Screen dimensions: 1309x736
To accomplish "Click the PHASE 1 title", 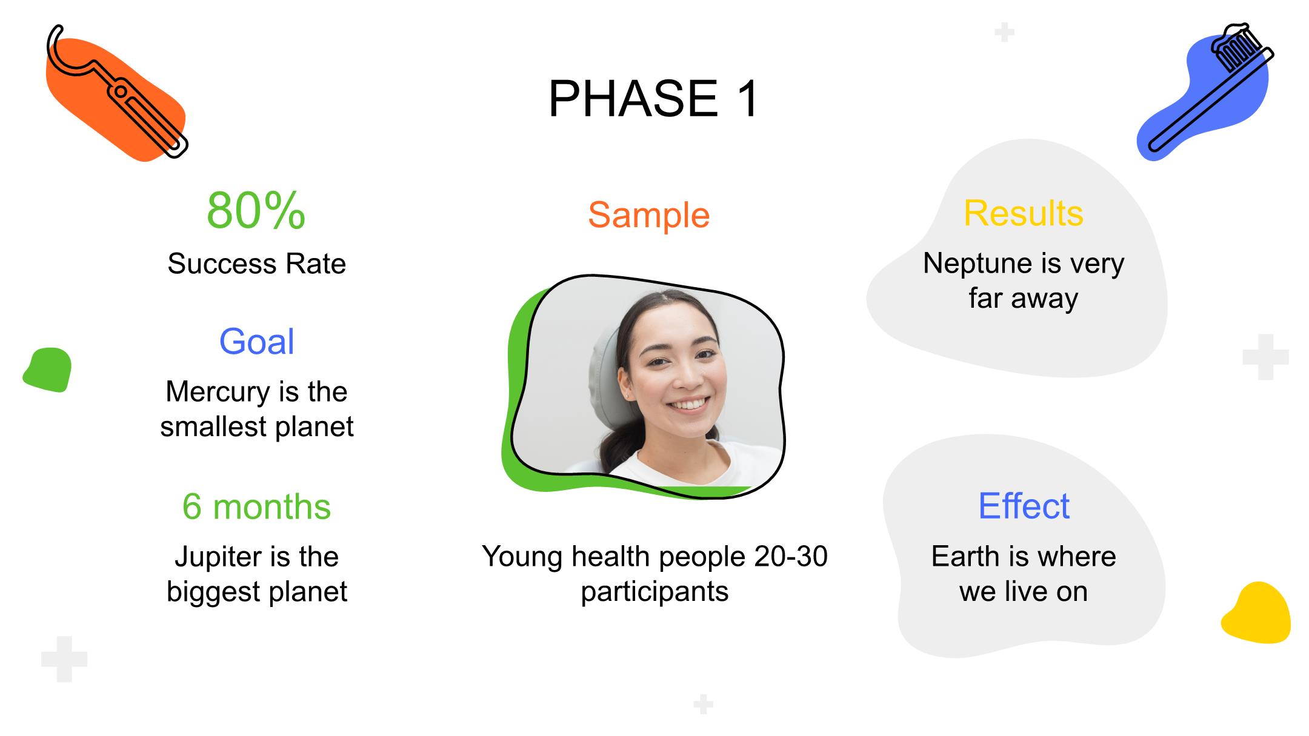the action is coord(653,98).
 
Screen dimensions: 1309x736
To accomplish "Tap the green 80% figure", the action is coord(256,210).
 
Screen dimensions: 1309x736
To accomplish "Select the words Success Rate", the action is coord(256,264).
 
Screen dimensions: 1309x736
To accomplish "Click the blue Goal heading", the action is coord(256,341).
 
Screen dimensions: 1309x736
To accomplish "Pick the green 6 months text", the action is coord(256,506).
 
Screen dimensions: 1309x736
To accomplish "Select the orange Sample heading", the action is coord(648,215).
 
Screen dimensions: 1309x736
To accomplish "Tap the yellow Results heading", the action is coord(1024,213).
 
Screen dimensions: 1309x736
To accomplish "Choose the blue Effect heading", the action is coord(1024,506).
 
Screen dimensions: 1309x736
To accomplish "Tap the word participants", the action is coord(654,592).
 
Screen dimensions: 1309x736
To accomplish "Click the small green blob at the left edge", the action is coord(47,370).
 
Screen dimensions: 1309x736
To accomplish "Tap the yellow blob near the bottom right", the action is coord(1256,612).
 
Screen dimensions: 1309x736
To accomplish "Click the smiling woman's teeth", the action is coord(689,404).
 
